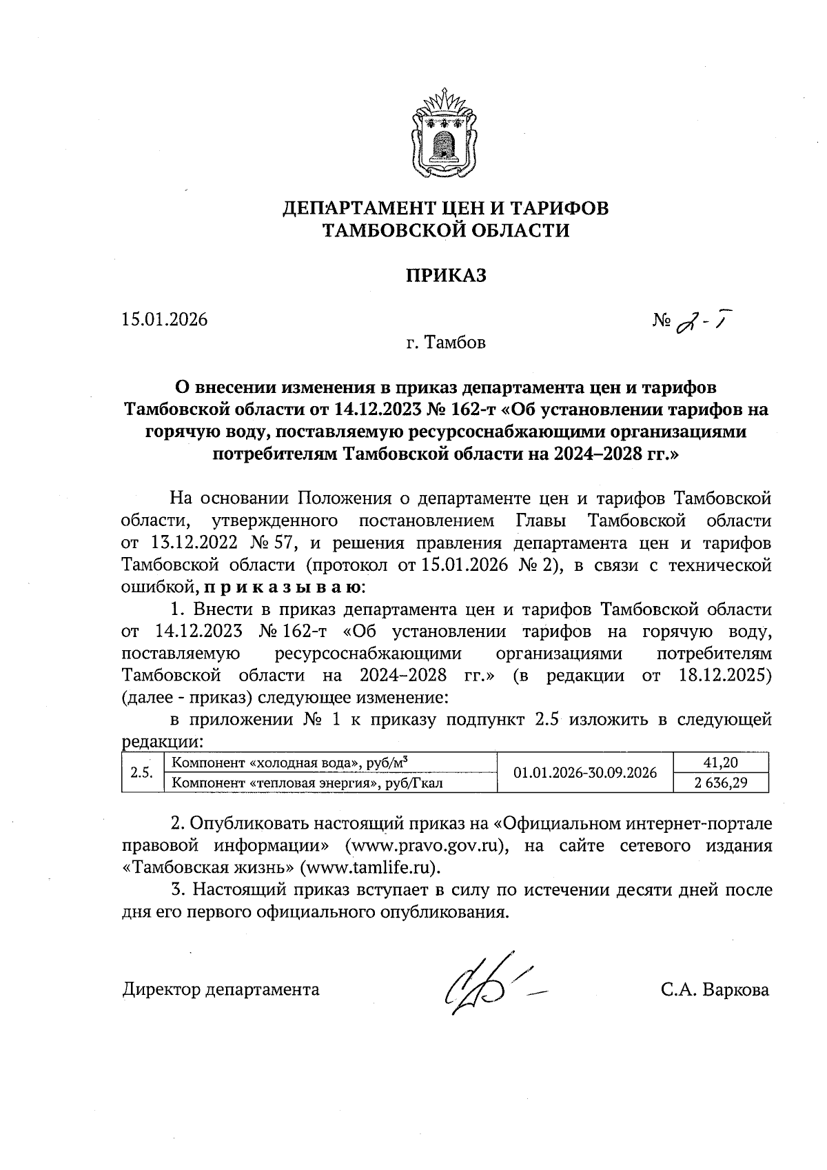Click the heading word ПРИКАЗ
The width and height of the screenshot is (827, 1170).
445,276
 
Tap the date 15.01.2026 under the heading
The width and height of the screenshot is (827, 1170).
165,320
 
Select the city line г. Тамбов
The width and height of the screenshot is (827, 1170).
445,343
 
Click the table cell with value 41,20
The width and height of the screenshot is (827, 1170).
722,763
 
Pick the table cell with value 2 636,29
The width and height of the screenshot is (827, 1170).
722,783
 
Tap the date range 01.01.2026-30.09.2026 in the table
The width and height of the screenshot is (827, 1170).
585,772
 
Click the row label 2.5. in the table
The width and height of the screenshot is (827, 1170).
141,772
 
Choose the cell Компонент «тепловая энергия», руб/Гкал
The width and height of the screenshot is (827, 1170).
307,783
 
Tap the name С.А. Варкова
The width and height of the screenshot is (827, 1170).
715,990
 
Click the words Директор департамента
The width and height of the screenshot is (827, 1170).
221,990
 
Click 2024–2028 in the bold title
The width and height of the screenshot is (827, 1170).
597,454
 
